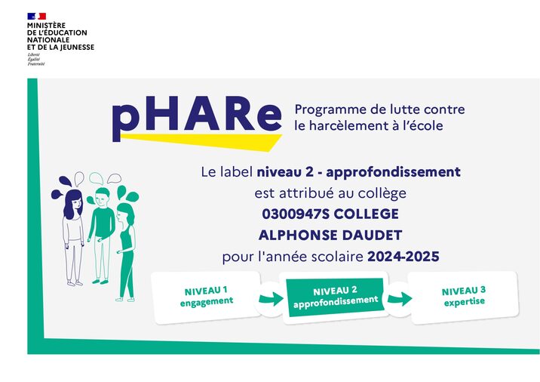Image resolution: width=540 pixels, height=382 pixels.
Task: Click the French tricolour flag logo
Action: [x=36, y=16]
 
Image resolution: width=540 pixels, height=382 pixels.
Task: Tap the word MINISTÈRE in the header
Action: [x=46, y=26]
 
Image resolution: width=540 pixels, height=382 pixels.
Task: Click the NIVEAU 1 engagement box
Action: [x=206, y=295]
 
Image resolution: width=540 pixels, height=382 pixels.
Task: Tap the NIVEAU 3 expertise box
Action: [x=463, y=295]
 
